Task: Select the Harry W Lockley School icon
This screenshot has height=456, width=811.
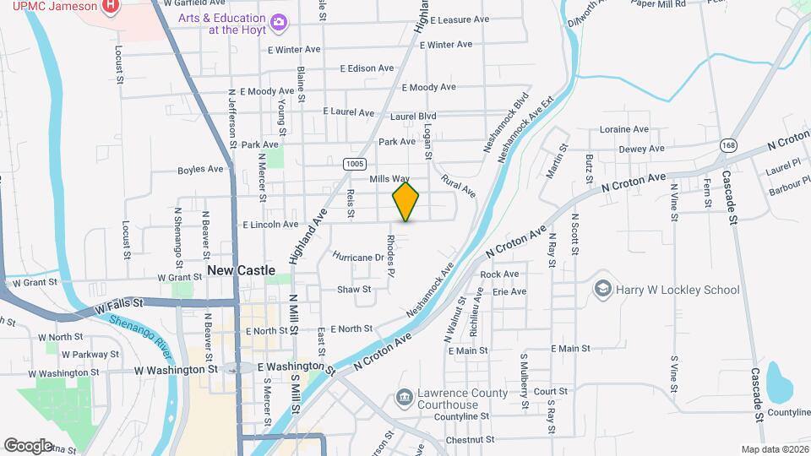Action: (602, 290)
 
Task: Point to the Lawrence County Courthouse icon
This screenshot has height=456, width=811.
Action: (404, 397)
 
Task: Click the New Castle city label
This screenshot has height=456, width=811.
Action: (241, 270)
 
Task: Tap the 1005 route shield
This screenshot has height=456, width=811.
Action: (354, 163)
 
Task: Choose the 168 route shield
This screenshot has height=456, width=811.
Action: (727, 146)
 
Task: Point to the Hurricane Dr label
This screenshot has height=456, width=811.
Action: (357, 257)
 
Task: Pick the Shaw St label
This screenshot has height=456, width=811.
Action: (354, 290)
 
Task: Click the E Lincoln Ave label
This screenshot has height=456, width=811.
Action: (270, 225)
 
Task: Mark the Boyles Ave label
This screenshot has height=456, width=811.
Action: (200, 170)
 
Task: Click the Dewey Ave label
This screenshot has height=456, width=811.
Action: (641, 149)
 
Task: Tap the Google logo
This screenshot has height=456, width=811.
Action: (28, 445)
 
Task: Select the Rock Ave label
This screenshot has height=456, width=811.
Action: (498, 274)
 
